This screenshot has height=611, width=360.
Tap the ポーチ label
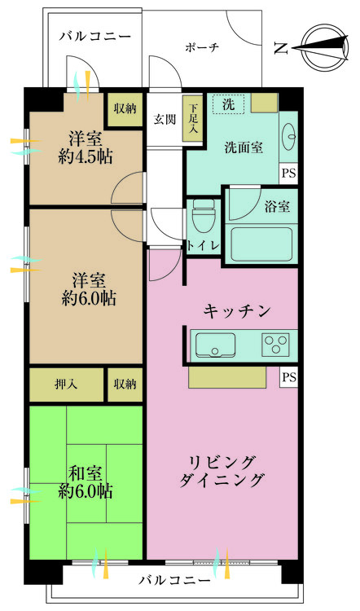(202, 47)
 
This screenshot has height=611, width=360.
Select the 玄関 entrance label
(165, 119)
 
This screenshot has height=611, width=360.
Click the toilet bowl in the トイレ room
(204, 217)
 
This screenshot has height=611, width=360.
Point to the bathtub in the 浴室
(258, 242)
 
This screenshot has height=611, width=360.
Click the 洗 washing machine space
(229, 104)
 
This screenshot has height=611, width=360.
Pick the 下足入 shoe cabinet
(193, 121)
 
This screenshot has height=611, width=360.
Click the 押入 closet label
(67, 385)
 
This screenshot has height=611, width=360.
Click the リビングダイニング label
(222, 470)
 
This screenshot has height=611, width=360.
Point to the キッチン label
(237, 310)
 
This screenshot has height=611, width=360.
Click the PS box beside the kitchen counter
(288, 377)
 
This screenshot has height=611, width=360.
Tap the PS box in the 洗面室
(288, 173)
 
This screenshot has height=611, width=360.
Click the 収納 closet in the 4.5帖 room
(125, 108)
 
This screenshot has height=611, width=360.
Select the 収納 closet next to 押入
(125, 385)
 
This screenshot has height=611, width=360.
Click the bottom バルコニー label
(174, 581)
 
